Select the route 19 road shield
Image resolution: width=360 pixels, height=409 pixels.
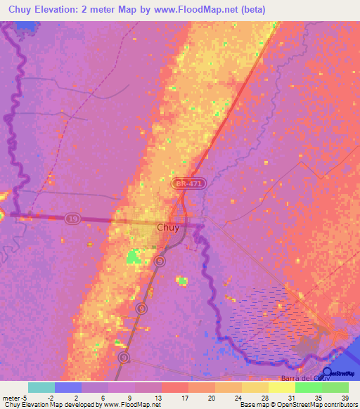point(72,219)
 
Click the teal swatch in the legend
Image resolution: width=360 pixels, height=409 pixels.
point(41,387)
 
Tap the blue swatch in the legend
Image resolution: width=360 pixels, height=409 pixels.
point(68,387)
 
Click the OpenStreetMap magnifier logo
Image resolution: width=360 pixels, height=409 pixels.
point(328,374)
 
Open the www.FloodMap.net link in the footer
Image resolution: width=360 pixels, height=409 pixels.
point(131,405)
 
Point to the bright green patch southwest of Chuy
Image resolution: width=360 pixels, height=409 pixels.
point(133,258)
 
